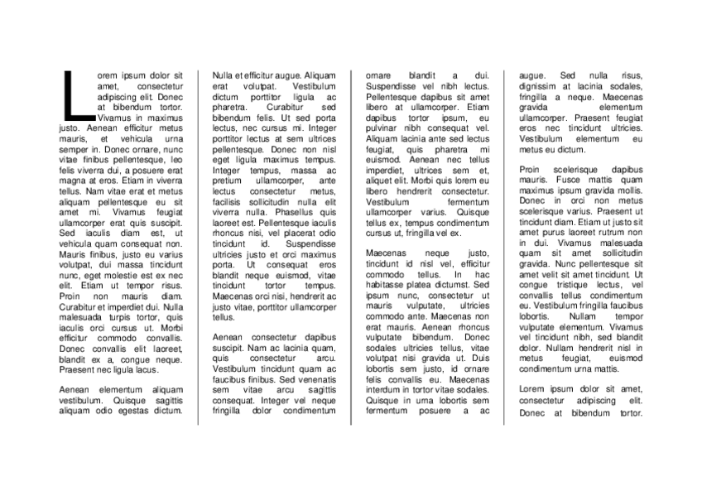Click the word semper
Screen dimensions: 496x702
point(73,149)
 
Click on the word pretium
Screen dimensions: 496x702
point(227,180)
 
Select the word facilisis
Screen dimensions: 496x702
point(230,201)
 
